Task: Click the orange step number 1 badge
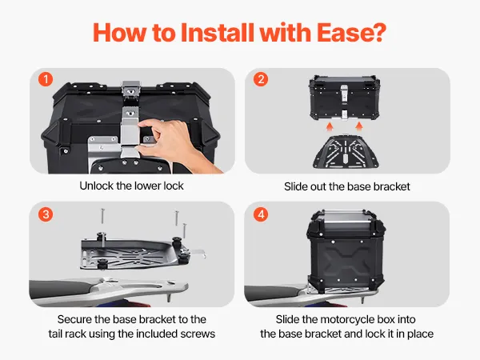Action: pyautogui.click(x=46, y=79)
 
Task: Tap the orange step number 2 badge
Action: pyautogui.click(x=261, y=79)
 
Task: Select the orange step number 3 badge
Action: pyautogui.click(x=46, y=214)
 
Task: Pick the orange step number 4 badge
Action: pyautogui.click(x=261, y=214)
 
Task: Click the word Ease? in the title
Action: pyautogui.click(x=351, y=33)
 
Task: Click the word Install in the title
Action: pyautogui.click(x=218, y=33)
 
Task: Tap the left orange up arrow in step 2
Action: pyautogui.click(x=330, y=126)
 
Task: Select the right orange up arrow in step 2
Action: pyautogui.click(x=359, y=126)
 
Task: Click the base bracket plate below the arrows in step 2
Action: pyautogui.click(x=346, y=151)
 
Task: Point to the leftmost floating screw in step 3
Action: pyautogui.click(x=102, y=216)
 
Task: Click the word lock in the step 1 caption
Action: pyautogui.click(x=174, y=186)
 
